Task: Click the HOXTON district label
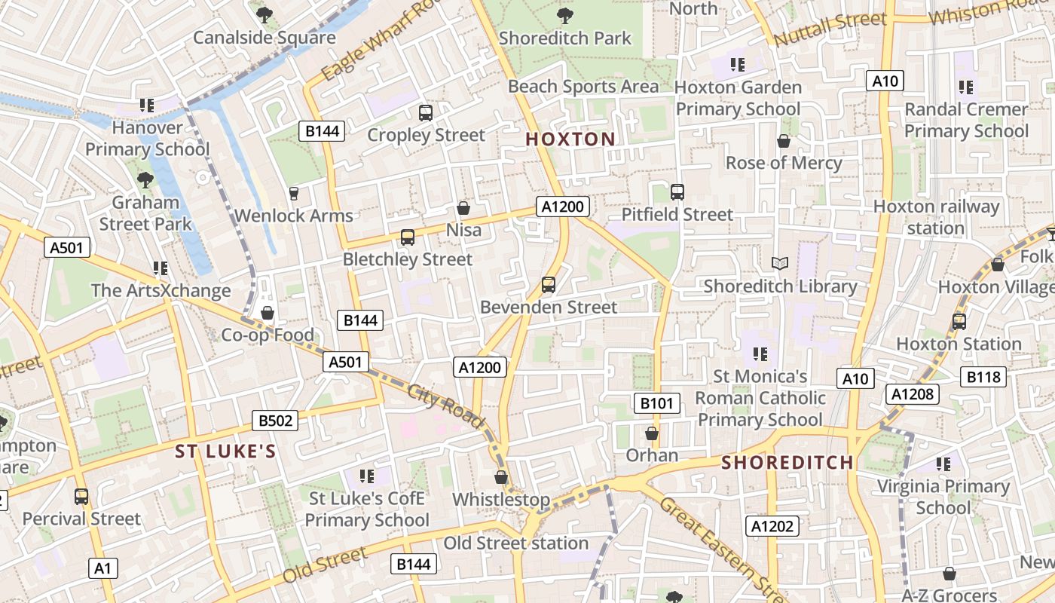point(570,139)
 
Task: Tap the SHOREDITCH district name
point(787,462)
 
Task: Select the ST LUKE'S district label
point(225,451)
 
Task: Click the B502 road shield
point(274,421)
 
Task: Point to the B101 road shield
point(656,403)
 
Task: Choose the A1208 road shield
point(913,393)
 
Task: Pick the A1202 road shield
point(772,526)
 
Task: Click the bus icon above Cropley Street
point(426,113)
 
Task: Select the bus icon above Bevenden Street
point(549,285)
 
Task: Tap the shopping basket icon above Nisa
point(463,208)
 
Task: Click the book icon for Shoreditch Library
point(780,263)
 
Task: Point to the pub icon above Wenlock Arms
point(293,194)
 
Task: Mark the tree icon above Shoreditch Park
point(564,15)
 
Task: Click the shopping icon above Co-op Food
point(267,313)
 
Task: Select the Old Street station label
point(515,543)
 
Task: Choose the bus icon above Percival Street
point(81,497)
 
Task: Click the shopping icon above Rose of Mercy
point(784,141)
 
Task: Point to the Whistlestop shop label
point(501,500)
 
